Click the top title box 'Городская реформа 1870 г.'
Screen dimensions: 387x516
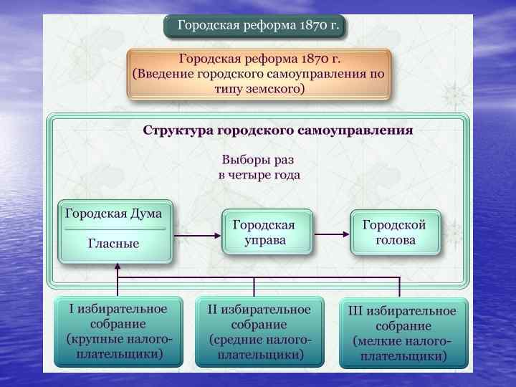(x=255, y=27)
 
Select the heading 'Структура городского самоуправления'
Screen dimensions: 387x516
(x=278, y=131)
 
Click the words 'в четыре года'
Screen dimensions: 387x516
(x=259, y=175)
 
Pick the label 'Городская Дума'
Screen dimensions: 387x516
(x=114, y=214)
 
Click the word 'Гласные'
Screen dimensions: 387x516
(x=113, y=243)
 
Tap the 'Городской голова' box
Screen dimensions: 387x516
(x=394, y=232)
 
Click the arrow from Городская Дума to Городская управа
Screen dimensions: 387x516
(x=197, y=234)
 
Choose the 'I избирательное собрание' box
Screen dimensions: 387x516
(x=118, y=331)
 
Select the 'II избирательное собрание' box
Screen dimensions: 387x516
(x=259, y=332)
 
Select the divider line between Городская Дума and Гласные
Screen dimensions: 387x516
(x=115, y=228)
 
